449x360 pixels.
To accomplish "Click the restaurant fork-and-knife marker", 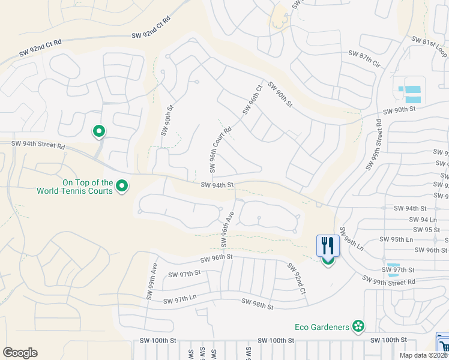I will tap(328, 246).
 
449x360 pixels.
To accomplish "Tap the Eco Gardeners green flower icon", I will tap(358, 326).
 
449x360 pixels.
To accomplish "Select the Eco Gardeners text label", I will tap(322, 327).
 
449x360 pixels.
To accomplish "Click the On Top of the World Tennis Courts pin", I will tap(122, 187).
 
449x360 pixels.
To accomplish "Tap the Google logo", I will tap(20, 352).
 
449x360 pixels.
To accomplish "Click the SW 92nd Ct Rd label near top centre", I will tap(151, 28).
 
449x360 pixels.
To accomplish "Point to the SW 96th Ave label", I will tap(226, 229).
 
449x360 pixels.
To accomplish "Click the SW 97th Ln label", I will tap(176, 298).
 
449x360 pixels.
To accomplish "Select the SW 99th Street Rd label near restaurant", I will tap(389, 280).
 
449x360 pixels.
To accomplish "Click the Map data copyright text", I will tap(423, 355).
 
